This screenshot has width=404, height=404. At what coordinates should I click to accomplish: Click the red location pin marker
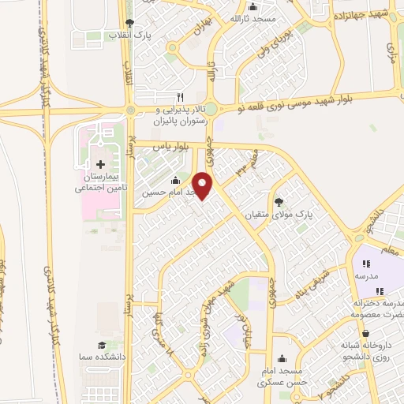click(x=204, y=185)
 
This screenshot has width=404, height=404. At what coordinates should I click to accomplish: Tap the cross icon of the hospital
click(x=99, y=163)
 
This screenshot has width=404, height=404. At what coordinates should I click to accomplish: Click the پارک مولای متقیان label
click(x=309, y=214)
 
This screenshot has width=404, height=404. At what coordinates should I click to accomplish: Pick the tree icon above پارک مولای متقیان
click(x=278, y=200)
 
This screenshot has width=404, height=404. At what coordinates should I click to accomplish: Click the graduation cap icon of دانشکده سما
click(x=101, y=346)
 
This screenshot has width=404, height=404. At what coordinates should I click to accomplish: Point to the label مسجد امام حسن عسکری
click(x=282, y=376)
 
